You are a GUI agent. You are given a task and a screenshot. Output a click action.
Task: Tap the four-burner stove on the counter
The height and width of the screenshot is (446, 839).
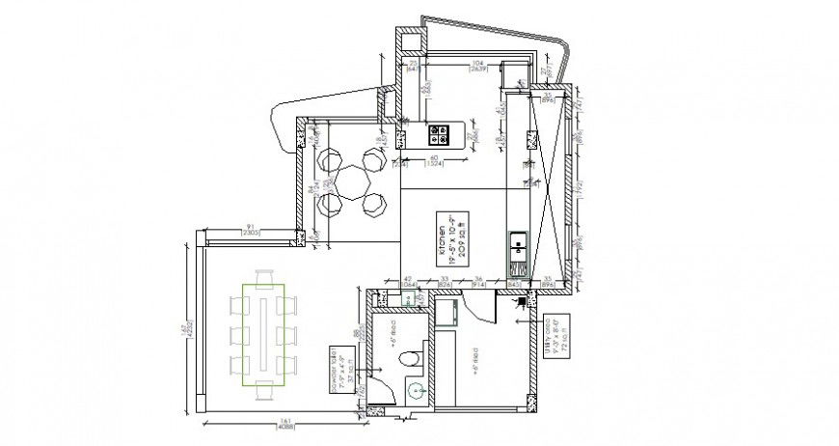[x=440, y=131]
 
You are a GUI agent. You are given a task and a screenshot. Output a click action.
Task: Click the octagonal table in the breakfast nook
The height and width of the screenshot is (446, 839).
[x=352, y=181]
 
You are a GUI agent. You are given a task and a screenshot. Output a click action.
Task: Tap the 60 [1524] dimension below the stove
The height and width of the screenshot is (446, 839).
[x=434, y=159]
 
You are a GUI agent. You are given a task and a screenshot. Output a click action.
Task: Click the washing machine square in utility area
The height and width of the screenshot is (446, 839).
[x=447, y=313]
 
